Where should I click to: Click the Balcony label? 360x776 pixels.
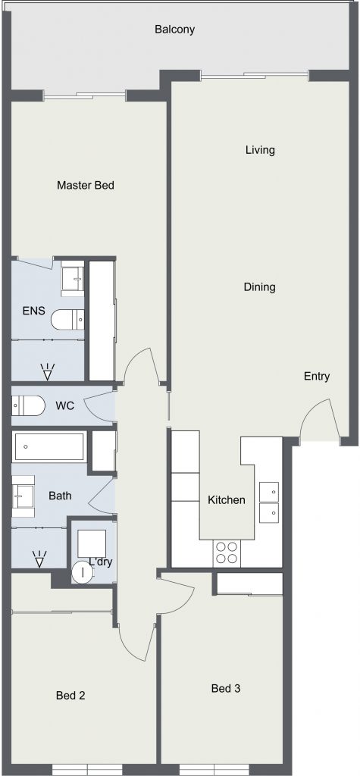tap(175, 30)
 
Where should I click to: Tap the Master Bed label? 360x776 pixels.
tap(86, 185)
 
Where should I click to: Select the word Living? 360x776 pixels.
tap(260, 149)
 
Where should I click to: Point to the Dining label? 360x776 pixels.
tap(259, 286)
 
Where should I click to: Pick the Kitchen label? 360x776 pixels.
tap(227, 500)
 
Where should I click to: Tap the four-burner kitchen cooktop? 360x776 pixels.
tap(227, 552)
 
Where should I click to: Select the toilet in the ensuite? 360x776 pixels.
tap(68, 319)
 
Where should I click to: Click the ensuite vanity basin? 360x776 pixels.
tap(72, 279)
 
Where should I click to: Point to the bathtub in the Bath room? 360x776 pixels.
tap(49, 447)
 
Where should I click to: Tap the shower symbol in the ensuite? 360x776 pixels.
tap(48, 371)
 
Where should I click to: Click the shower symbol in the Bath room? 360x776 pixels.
tap(39, 559)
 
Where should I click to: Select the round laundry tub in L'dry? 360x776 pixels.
tap(82, 573)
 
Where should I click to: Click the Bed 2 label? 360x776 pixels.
tap(70, 696)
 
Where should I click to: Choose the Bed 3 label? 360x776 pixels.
tap(226, 688)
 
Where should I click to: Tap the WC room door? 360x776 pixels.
tap(99, 407)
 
